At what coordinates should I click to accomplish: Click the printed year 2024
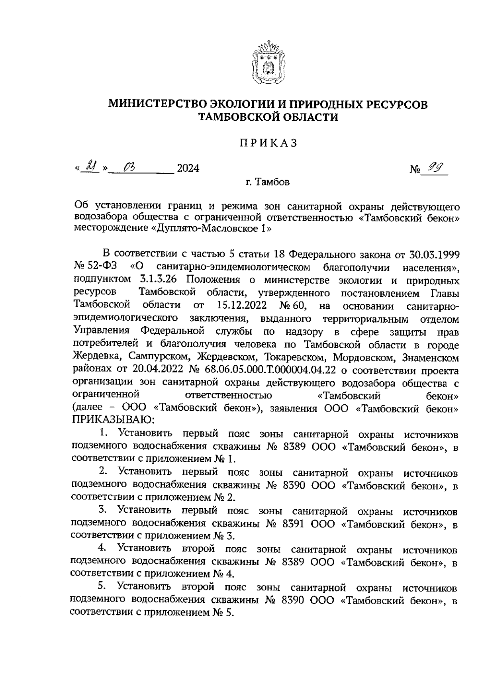pyautogui.click(x=188, y=169)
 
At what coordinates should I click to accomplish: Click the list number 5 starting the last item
pyautogui.click(x=101, y=586)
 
